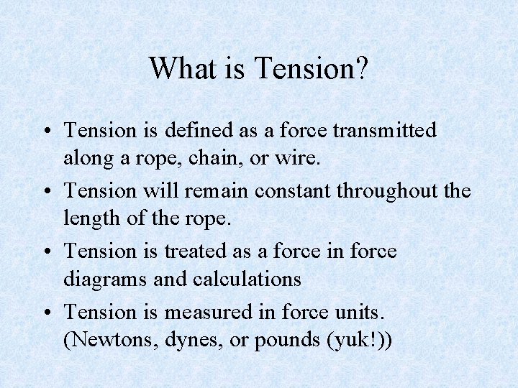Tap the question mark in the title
tap(362, 69)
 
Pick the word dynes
tap(179, 339)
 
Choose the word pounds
tap(273, 339)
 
